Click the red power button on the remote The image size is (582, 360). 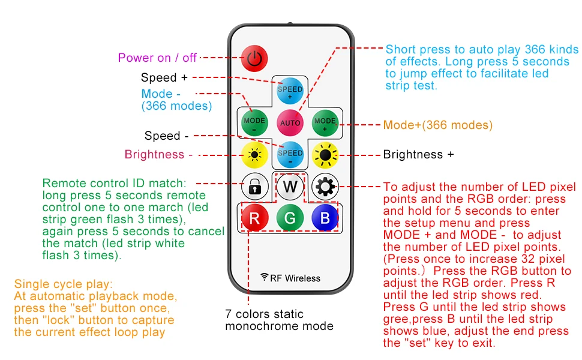point(254,58)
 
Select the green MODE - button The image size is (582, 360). point(254,124)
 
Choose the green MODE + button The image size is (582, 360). point(325,124)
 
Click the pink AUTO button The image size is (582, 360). point(290,123)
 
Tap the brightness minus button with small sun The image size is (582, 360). point(254,155)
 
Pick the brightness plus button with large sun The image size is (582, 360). point(325,155)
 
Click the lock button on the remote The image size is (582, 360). point(254,187)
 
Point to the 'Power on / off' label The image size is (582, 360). point(157,58)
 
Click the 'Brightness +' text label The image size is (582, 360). point(418,154)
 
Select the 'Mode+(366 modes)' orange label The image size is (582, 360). point(437,125)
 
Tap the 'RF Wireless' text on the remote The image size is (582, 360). point(295,278)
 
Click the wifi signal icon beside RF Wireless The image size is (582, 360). point(264,277)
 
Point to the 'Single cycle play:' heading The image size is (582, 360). point(63,284)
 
